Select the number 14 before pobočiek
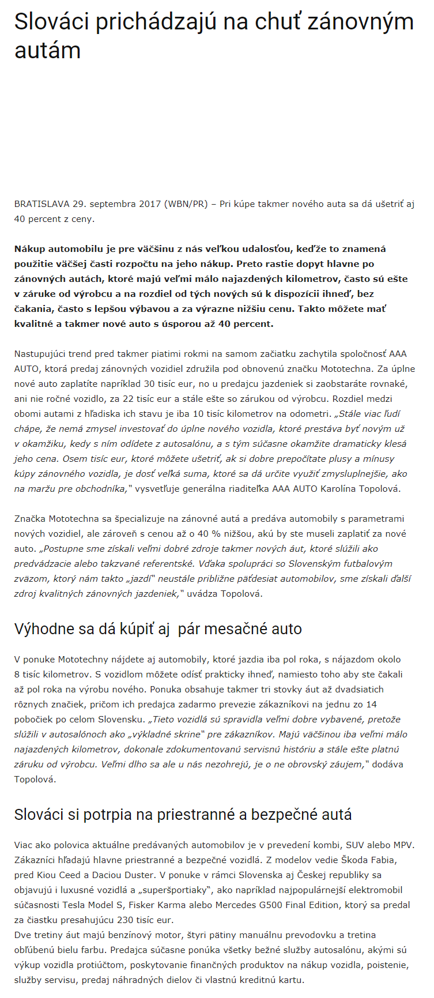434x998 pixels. pos(371,705)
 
